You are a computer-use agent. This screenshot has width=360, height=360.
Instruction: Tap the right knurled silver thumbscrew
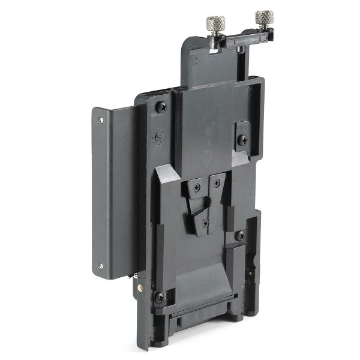click(x=264, y=18)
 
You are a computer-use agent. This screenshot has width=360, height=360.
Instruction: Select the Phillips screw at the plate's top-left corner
click(x=161, y=107)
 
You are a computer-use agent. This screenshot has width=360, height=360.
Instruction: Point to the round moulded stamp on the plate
click(x=159, y=137)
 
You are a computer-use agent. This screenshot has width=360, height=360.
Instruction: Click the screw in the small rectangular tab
click(x=242, y=140)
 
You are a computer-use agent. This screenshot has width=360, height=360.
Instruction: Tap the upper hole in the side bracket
click(x=101, y=120)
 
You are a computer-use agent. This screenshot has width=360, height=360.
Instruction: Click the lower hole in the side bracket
click(x=101, y=265)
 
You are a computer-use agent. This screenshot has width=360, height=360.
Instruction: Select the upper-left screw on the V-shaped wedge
click(x=196, y=187)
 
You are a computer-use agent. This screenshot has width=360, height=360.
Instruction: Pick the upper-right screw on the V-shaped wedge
click(x=216, y=182)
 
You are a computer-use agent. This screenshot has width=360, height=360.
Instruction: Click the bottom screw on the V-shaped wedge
click(x=206, y=223)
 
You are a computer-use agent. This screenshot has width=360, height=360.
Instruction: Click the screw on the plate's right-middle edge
click(x=240, y=235)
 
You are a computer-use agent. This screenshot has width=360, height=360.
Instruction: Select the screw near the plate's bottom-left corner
click(x=160, y=297)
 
